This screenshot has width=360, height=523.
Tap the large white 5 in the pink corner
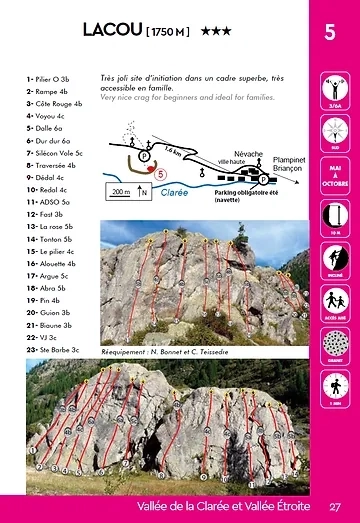pyautogui.click(x=329, y=32)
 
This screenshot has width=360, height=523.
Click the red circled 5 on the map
pyautogui.click(x=160, y=173)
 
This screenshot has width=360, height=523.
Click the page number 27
pyautogui.click(x=335, y=506)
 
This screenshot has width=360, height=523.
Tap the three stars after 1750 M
pyautogui.click(x=216, y=32)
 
